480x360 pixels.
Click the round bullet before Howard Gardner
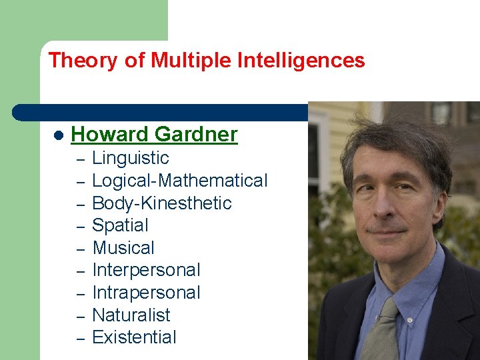coord(58,135)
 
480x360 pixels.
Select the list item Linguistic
coord(131,158)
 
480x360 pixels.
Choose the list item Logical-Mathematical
coord(179,181)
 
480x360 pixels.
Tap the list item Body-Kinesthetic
coord(162,203)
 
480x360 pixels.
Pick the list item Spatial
coord(120,225)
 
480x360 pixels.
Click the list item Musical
coord(123,248)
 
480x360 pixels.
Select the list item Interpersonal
coord(146,270)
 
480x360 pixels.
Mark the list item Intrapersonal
coord(146,293)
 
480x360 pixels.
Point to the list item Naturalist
coord(131,315)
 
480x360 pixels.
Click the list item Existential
coord(134,337)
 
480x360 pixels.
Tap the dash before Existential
coord(79,339)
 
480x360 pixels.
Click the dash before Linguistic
coord(79,159)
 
